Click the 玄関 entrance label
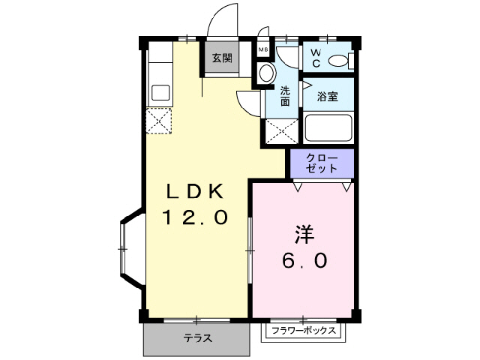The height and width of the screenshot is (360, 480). pyautogui.click(x=221, y=58)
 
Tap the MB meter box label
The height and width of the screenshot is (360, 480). pyautogui.click(x=262, y=50)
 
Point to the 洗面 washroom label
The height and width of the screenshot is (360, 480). pyautogui.click(x=285, y=96)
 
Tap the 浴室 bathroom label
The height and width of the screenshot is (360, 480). pyautogui.click(x=327, y=97)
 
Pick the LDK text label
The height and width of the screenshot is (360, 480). pyautogui.click(x=195, y=191)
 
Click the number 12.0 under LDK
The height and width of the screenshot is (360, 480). pyautogui.click(x=195, y=217)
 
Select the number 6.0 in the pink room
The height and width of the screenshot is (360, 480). pyautogui.click(x=303, y=260)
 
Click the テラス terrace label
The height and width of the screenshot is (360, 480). pyautogui.click(x=197, y=338)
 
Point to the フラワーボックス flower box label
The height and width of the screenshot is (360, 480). pyautogui.click(x=304, y=331)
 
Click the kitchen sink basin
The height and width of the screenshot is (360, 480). pyautogui.click(x=160, y=93)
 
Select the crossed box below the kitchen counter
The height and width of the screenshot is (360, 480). pyautogui.click(x=159, y=121)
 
